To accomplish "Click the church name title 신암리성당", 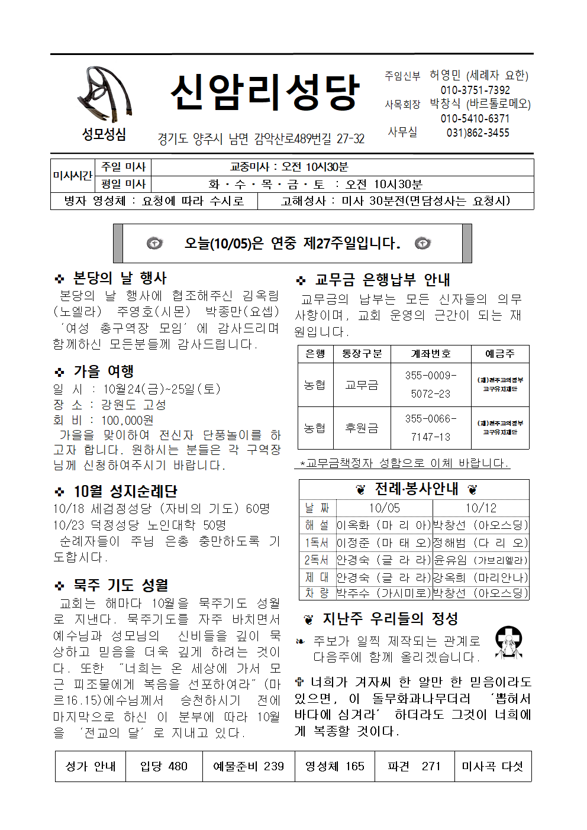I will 265,92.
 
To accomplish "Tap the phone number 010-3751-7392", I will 475,90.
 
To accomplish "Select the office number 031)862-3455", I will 478,133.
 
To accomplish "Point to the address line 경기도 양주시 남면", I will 260,139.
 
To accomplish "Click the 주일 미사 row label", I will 123,167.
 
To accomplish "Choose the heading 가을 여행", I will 103,372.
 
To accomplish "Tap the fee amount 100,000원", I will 127,420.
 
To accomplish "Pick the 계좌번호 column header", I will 431,354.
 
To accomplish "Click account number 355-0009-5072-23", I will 431,385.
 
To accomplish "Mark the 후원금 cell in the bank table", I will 362,428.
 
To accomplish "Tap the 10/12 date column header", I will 480,508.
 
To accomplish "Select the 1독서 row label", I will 317,542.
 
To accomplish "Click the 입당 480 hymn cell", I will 163,766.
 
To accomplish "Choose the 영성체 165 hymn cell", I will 334,766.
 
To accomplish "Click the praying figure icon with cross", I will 508,642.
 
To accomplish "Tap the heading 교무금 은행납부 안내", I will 382,279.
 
